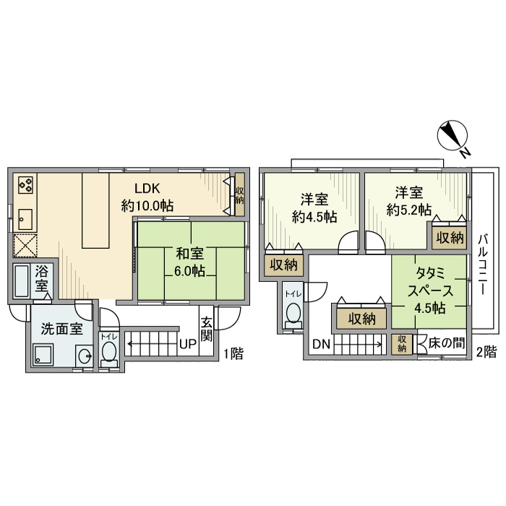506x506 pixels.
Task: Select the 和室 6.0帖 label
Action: pyautogui.click(x=189, y=262)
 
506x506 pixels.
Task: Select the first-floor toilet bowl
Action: pyautogui.click(x=108, y=353)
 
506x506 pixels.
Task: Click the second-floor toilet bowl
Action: pyautogui.click(x=293, y=314)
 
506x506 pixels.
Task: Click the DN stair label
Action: pyautogui.click(x=321, y=344)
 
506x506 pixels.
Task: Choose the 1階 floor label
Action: pyautogui.click(x=233, y=353)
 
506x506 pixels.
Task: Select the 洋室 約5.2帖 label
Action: pyautogui.click(x=409, y=202)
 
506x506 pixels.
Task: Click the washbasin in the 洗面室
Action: pyautogui.click(x=85, y=356)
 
